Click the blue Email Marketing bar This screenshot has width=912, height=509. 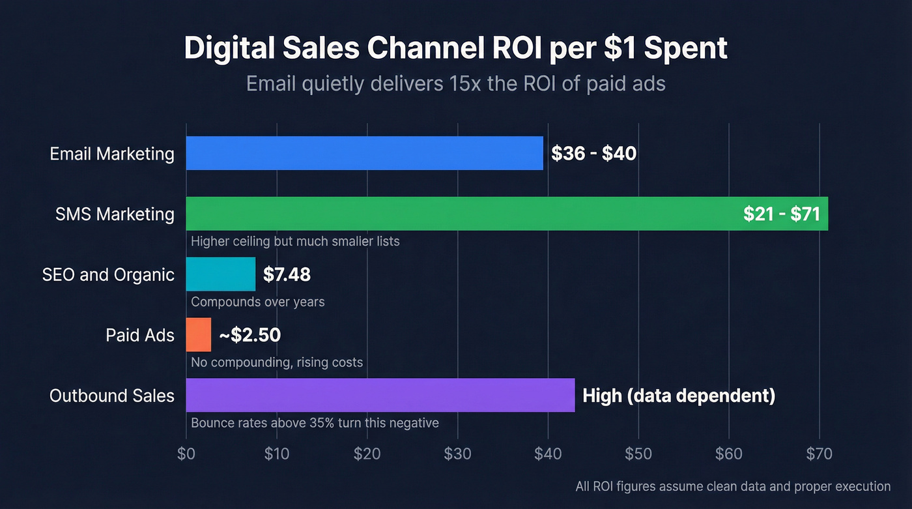pyautogui.click(x=364, y=153)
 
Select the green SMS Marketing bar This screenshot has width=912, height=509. pyautogui.click(x=456, y=214)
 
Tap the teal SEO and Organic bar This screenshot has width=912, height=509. pyautogui.click(x=220, y=274)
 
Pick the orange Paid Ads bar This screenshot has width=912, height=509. pyautogui.click(x=199, y=335)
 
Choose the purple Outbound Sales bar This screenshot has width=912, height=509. pyautogui.click(x=380, y=395)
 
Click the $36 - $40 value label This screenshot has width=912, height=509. pyautogui.click(x=593, y=154)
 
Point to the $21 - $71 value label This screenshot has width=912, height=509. pyautogui.click(x=781, y=214)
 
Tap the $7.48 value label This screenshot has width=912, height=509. pyautogui.click(x=287, y=274)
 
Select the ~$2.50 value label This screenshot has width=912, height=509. pyautogui.click(x=249, y=335)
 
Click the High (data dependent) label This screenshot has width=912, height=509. pyautogui.click(x=679, y=396)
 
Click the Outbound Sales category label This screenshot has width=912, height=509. pyautogui.click(x=112, y=396)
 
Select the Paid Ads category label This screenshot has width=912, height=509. pyautogui.click(x=140, y=335)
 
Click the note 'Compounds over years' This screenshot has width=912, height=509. pyautogui.click(x=257, y=302)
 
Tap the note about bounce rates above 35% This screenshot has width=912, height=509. pyautogui.click(x=315, y=423)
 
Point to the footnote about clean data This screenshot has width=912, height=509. pyautogui.click(x=733, y=486)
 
